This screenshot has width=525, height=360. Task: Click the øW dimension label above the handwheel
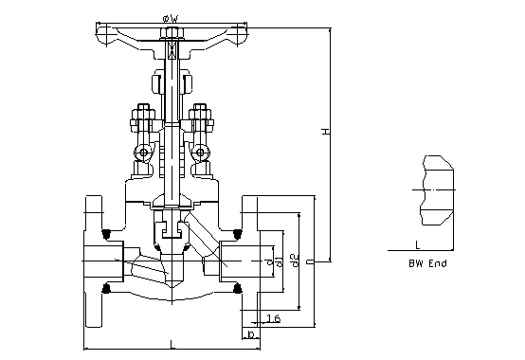click(x=171, y=19)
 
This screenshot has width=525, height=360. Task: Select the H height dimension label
click(x=326, y=131)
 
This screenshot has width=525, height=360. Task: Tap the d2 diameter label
click(x=295, y=261)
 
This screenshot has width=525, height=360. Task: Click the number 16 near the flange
click(x=273, y=318)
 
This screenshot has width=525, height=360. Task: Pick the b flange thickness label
click(x=251, y=333)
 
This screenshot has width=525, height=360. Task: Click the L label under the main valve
click(x=172, y=344)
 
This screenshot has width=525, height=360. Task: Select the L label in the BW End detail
click(x=418, y=245)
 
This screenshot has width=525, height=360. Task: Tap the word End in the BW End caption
click(x=438, y=263)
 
